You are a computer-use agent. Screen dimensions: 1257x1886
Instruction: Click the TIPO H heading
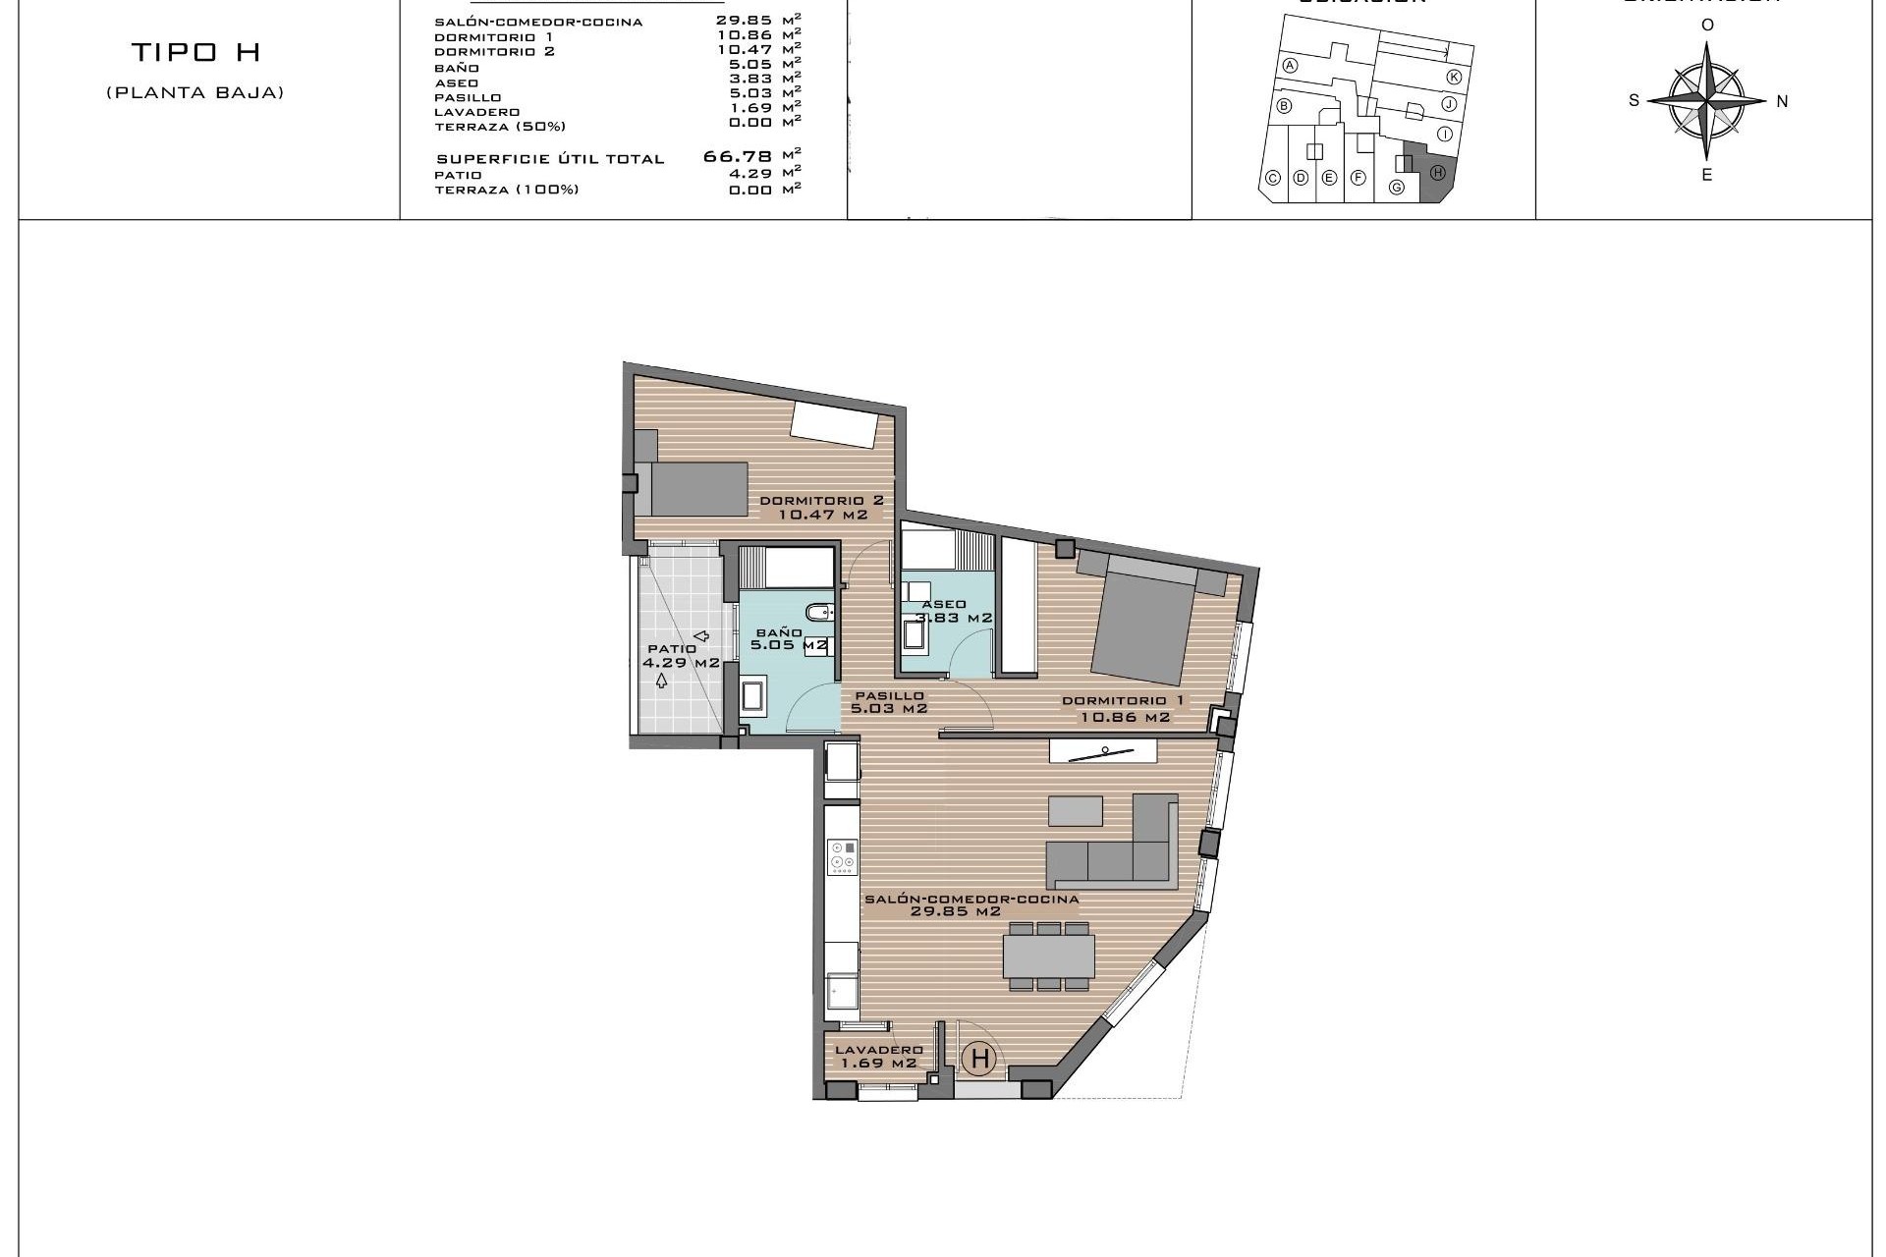[195, 53]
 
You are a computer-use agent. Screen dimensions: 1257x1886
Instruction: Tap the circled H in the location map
[1437, 173]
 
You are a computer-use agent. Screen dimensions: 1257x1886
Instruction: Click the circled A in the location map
[1291, 66]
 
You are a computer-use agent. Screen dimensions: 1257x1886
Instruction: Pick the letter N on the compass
[1782, 101]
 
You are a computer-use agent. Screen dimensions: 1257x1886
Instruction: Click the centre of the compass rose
[1707, 100]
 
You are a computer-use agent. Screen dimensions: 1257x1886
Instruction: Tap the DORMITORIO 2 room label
[822, 507]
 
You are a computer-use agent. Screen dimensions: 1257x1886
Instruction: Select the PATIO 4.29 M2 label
[680, 656]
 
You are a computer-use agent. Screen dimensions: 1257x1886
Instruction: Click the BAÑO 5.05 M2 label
[787, 639]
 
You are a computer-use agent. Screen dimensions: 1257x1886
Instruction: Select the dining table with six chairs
[1048, 956]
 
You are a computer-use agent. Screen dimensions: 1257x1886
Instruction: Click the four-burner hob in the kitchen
[842, 856]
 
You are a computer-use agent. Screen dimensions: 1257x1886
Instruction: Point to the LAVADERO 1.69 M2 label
[877, 1056]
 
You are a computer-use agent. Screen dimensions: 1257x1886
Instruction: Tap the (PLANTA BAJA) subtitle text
[195, 93]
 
